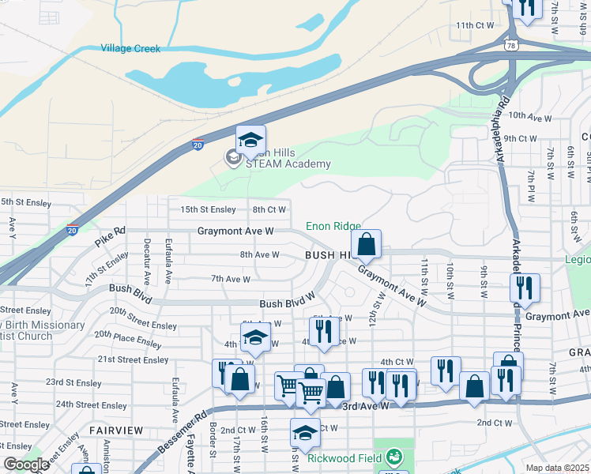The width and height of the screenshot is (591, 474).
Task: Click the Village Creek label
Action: point(130,49)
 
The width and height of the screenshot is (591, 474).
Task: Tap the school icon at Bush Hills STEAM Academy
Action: point(250,141)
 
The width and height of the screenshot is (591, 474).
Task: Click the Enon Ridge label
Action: point(333,227)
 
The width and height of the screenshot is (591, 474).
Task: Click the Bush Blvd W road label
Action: point(288,304)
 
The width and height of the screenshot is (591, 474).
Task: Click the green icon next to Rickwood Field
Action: point(393,457)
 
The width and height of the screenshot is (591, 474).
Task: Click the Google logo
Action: point(26,465)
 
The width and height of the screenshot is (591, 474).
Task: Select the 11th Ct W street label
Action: point(475,25)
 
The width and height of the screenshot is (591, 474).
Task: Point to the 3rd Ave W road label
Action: point(366,406)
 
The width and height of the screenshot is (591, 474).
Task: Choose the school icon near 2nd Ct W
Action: point(305,433)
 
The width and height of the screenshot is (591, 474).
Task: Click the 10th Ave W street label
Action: point(529,117)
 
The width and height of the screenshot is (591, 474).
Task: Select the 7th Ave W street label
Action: point(230,279)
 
